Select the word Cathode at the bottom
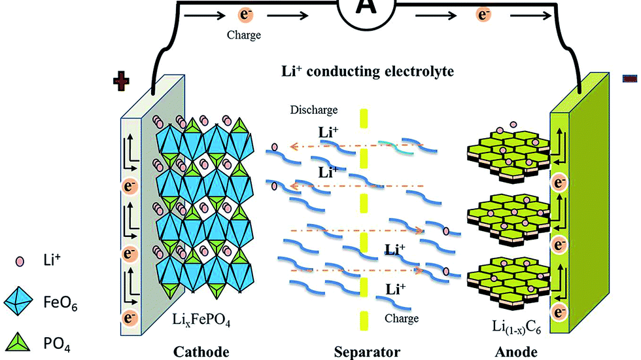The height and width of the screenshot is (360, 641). click(201, 352)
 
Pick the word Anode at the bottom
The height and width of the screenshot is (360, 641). click(516, 352)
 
